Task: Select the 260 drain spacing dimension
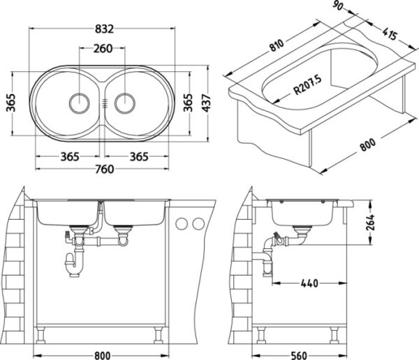tap(103, 48)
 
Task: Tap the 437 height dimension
tap(207, 103)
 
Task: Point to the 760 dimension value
tap(103, 168)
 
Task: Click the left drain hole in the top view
tap(78, 102)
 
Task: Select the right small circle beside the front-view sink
tap(198, 224)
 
